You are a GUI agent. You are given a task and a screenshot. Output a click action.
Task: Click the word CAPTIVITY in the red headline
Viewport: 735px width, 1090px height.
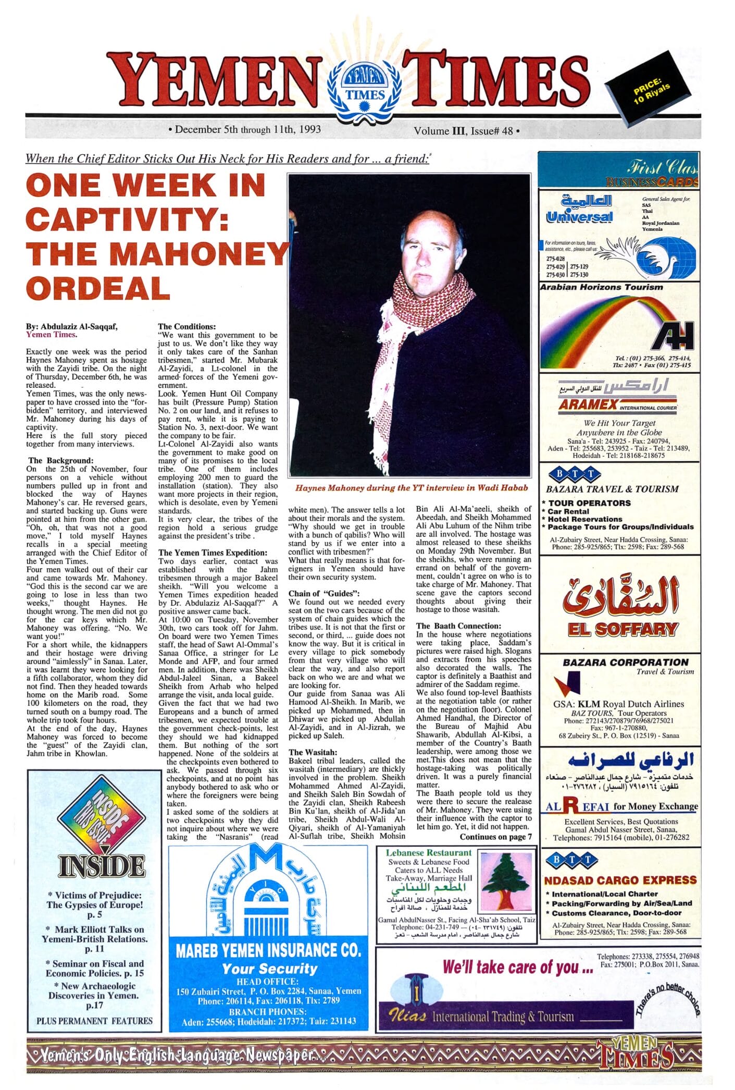coord(127,219)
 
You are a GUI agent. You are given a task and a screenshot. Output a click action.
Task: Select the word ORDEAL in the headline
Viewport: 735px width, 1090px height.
coord(98,287)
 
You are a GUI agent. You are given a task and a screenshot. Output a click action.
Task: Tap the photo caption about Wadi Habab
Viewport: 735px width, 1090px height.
coord(411,488)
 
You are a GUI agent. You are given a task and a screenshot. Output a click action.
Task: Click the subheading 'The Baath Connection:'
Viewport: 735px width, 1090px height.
coord(458,626)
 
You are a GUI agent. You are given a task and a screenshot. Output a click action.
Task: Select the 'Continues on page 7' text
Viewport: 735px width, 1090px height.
coord(495,837)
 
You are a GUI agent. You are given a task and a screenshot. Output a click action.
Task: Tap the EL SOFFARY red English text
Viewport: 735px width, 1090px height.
coord(622,629)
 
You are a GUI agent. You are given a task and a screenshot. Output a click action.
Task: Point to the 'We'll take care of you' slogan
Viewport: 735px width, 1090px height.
coord(518,967)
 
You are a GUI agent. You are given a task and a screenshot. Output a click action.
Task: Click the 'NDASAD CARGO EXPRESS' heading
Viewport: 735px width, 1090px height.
coord(620,880)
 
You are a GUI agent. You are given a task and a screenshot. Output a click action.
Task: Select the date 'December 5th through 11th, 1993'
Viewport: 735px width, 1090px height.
coord(247,129)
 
